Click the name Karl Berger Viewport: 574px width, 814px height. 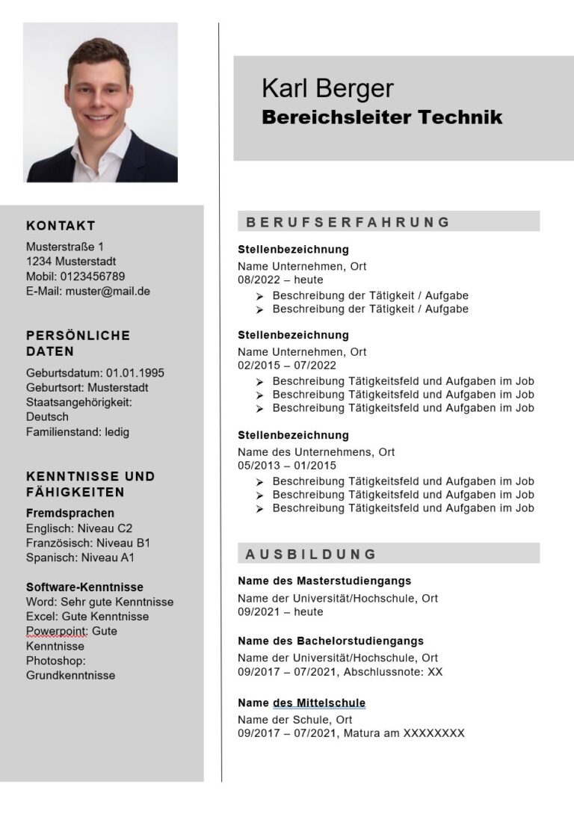tap(327, 88)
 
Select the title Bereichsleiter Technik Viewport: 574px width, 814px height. tap(381, 117)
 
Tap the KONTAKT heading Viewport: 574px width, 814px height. tap(61, 226)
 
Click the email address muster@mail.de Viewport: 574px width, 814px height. tap(108, 291)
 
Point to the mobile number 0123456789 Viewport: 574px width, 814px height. tap(96, 277)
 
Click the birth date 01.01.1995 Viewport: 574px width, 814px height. tap(135, 373)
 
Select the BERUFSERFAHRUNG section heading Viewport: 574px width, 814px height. tap(348, 222)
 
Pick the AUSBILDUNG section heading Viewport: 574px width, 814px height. tap(311, 554)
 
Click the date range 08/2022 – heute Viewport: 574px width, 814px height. tap(280, 280)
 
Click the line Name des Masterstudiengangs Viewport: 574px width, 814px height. tap(324, 581)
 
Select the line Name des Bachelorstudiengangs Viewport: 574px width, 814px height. tap(330, 641)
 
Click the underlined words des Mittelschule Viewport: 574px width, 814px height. tap(319, 703)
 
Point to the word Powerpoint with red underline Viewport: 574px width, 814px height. tap(56, 631)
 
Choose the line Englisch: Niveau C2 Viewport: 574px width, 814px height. tap(79, 528)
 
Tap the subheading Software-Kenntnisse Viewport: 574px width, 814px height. tap(84, 588)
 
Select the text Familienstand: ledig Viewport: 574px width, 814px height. tap(78, 431)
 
